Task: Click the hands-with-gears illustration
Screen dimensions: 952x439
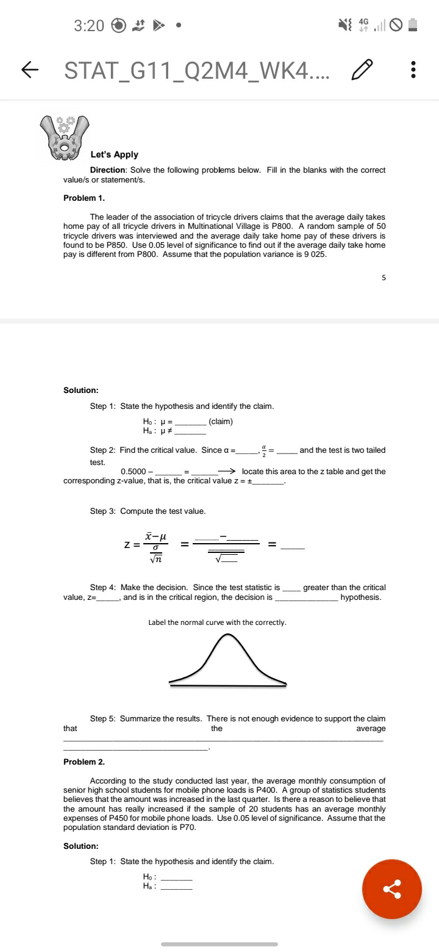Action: (x=64, y=137)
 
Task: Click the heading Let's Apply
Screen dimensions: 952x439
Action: (x=114, y=154)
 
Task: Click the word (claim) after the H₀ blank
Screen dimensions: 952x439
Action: (x=220, y=422)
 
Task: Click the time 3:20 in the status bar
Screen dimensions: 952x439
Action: (x=89, y=26)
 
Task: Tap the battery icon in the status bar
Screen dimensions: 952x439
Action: (x=413, y=26)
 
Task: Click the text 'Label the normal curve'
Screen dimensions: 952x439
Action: (x=217, y=622)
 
